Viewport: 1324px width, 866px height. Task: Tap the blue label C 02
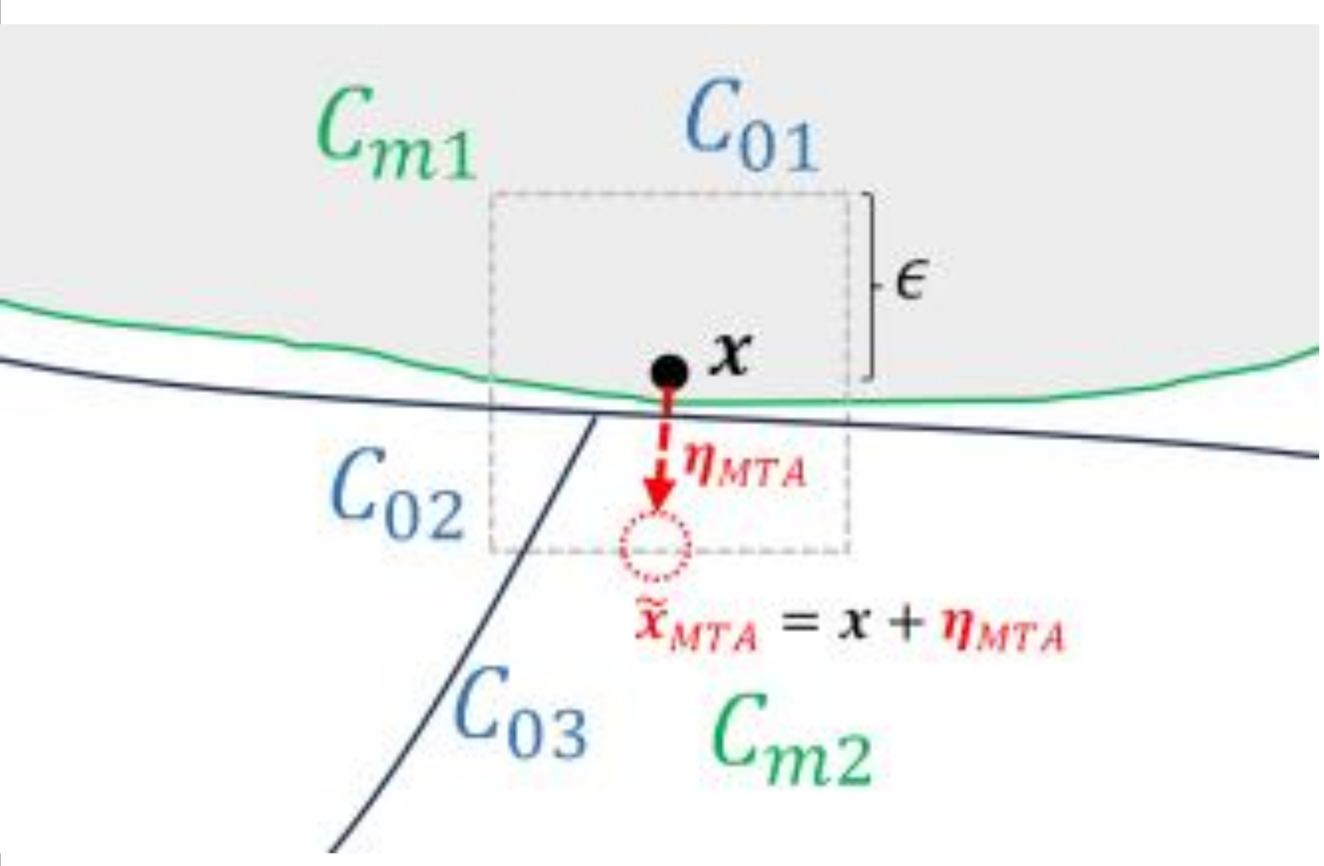(397, 495)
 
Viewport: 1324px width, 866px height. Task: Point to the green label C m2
(790, 741)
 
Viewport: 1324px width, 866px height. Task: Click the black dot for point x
(669, 372)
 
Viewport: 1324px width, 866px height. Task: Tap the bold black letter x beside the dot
(731, 354)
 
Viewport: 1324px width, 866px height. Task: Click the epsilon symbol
(910, 281)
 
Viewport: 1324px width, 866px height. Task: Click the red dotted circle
(655, 546)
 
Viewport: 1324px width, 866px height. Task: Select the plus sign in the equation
(908, 623)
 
